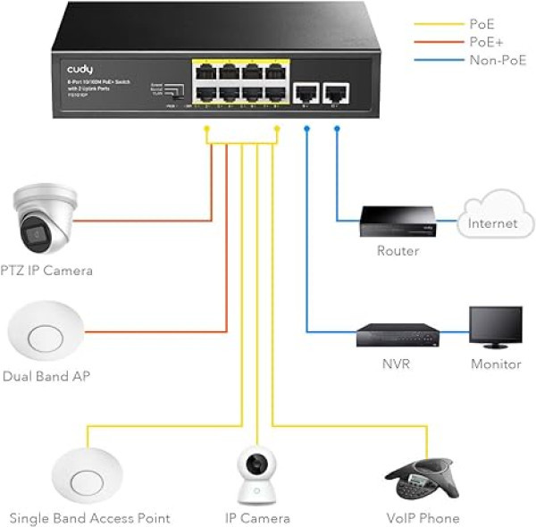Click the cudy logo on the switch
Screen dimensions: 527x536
[x=80, y=69]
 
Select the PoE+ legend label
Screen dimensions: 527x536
[x=485, y=42]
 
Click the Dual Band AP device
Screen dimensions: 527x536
[x=46, y=335]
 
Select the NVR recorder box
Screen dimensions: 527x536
[x=398, y=335]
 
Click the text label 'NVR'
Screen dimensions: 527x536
[x=398, y=364]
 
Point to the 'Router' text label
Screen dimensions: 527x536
[x=398, y=251]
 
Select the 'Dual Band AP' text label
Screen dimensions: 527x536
[x=46, y=377]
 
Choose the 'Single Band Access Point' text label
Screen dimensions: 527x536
[x=89, y=518]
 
